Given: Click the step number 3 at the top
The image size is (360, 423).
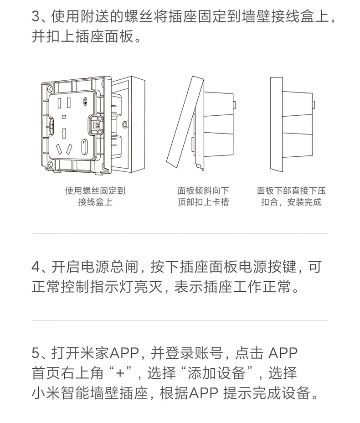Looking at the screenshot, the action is pyautogui.click(x=36, y=17).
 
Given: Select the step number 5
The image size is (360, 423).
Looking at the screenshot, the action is pyautogui.click(x=36, y=353).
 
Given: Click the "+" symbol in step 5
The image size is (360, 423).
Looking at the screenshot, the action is pyautogui.click(x=120, y=373).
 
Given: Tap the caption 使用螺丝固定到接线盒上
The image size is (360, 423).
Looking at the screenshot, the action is pyautogui.click(x=95, y=196).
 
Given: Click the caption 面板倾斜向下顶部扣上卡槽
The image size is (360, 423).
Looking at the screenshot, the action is pyautogui.click(x=203, y=196).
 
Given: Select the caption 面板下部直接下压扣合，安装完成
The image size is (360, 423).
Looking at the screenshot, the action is pyautogui.click(x=291, y=196).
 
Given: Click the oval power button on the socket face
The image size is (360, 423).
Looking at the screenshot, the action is pyautogui.click(x=84, y=147).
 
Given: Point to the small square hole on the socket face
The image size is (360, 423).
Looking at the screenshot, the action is pyautogui.click(x=64, y=117).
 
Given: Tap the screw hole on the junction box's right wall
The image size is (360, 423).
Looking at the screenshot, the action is pyautogui.click(x=124, y=124).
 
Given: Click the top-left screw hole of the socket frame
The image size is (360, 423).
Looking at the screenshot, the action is pyautogui.click(x=50, y=88).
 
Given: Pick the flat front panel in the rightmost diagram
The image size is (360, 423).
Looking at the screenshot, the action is pyautogui.click(x=277, y=124).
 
